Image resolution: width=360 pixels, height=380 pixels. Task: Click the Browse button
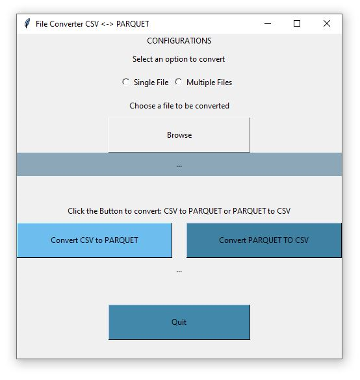click(x=179, y=135)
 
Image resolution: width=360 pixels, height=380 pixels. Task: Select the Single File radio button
click(x=125, y=82)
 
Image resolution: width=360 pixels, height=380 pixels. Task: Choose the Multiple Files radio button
click(x=179, y=82)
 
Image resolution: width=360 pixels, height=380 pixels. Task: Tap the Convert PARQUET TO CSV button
click(x=264, y=240)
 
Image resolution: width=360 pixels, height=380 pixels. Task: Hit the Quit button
click(x=179, y=322)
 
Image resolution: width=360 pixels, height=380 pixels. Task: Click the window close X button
click(x=327, y=23)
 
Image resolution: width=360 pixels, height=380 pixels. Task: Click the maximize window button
click(x=297, y=23)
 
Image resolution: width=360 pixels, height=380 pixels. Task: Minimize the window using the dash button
click(x=268, y=24)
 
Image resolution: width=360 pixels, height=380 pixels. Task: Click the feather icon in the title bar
click(x=27, y=23)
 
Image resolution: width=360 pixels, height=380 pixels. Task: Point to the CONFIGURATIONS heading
click(x=179, y=41)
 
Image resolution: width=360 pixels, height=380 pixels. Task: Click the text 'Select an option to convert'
click(x=179, y=59)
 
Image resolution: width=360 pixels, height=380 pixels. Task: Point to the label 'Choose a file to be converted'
click(x=179, y=106)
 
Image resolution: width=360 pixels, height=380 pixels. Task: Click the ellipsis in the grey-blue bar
click(x=179, y=166)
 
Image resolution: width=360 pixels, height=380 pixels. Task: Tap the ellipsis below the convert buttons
click(x=179, y=272)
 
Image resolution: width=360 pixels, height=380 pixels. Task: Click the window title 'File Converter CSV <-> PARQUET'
click(x=92, y=24)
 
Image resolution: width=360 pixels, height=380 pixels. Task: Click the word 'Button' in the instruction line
click(x=110, y=211)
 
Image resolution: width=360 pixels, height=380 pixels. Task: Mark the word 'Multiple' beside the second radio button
click(x=201, y=82)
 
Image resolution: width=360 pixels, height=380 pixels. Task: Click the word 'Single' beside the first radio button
click(x=144, y=82)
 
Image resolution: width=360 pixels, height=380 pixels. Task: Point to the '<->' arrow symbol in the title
click(x=107, y=24)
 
